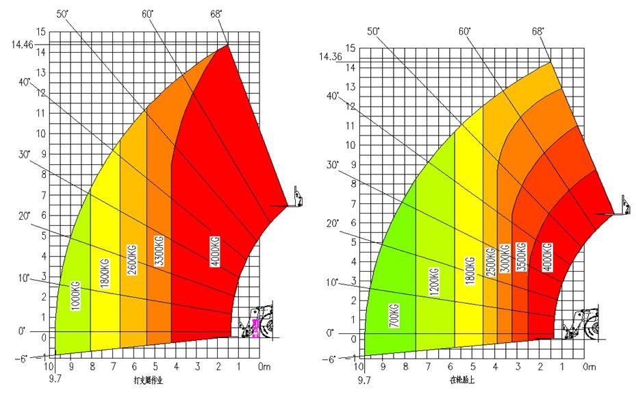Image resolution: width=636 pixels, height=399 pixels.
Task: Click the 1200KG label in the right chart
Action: coord(434,280)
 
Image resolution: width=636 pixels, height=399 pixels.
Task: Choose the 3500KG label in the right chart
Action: coord(521,258)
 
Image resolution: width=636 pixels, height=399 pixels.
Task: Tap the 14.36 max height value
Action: coord(329,57)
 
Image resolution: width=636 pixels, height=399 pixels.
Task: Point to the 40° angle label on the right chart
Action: coord(333,96)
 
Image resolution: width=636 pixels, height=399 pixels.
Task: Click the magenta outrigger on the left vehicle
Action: coord(256,328)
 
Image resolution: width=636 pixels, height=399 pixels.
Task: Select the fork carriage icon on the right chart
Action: coord(623,206)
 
